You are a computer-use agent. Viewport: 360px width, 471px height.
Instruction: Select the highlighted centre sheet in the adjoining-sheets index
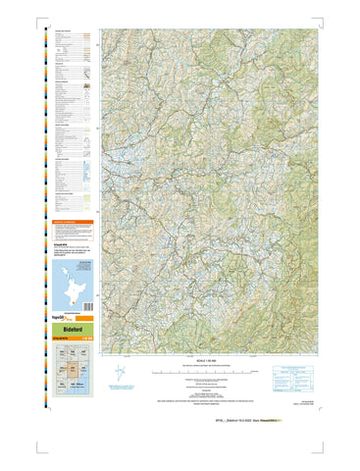(73, 373)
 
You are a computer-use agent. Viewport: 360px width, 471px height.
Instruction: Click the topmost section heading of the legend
(64, 31)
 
